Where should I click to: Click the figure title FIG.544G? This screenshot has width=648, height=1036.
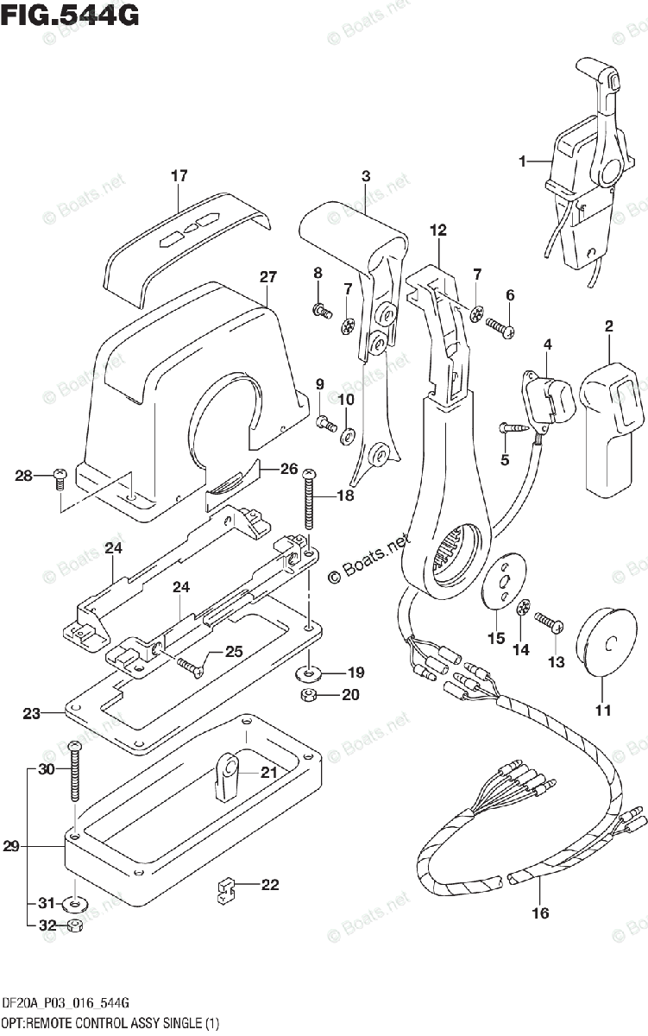coord(70,16)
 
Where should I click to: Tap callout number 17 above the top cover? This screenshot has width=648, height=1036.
coord(179,176)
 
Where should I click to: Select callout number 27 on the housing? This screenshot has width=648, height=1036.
coord(268,276)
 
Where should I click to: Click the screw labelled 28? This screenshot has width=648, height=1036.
coord(60,478)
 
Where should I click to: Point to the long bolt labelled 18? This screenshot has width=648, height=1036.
coord(309,499)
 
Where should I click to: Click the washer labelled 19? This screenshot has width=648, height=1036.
coord(309,673)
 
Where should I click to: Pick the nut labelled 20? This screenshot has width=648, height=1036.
coord(308,694)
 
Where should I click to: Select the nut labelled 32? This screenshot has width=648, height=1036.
coord(75,925)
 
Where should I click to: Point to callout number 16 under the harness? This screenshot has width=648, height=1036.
coord(540,913)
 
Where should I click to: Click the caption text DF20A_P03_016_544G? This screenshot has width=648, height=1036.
coord(66,1002)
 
